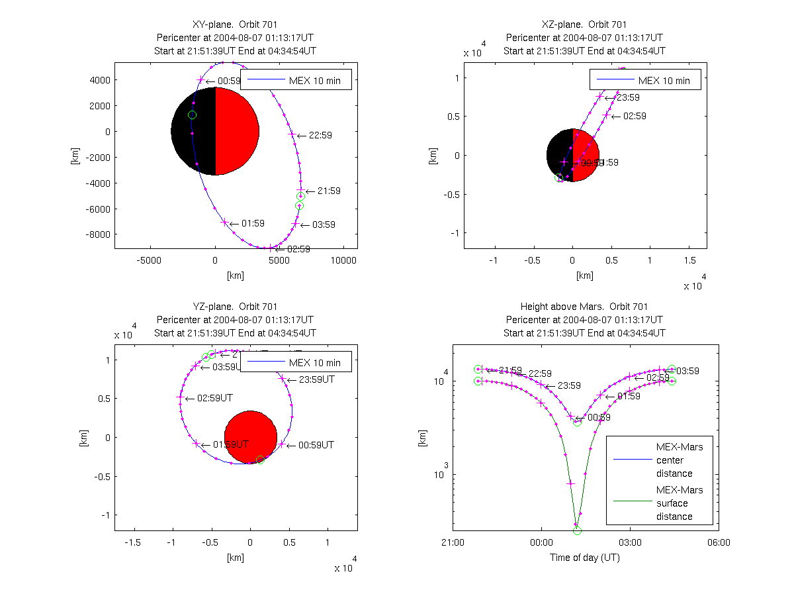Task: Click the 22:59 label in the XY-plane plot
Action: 320,135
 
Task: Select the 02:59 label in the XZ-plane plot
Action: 634,116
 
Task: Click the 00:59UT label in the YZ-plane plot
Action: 314,445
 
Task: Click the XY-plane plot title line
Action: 235,25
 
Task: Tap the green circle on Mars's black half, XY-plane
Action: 192,115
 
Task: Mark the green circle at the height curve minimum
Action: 577,530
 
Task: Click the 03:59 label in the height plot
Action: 687,371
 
